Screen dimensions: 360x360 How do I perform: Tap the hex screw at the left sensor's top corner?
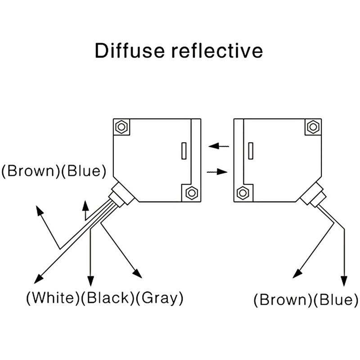point(121,126)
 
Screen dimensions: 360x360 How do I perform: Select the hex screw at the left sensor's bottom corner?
point(191,193)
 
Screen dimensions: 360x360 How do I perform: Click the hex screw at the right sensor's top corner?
point(313,126)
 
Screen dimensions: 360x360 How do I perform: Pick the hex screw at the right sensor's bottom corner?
point(243,193)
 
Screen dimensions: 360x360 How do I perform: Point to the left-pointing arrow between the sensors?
point(219,146)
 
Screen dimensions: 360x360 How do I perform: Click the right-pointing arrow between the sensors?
point(218,171)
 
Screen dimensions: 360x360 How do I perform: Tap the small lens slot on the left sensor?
point(184,150)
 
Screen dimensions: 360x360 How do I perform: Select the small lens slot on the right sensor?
point(250,150)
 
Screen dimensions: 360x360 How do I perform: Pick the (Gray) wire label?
point(159,297)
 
